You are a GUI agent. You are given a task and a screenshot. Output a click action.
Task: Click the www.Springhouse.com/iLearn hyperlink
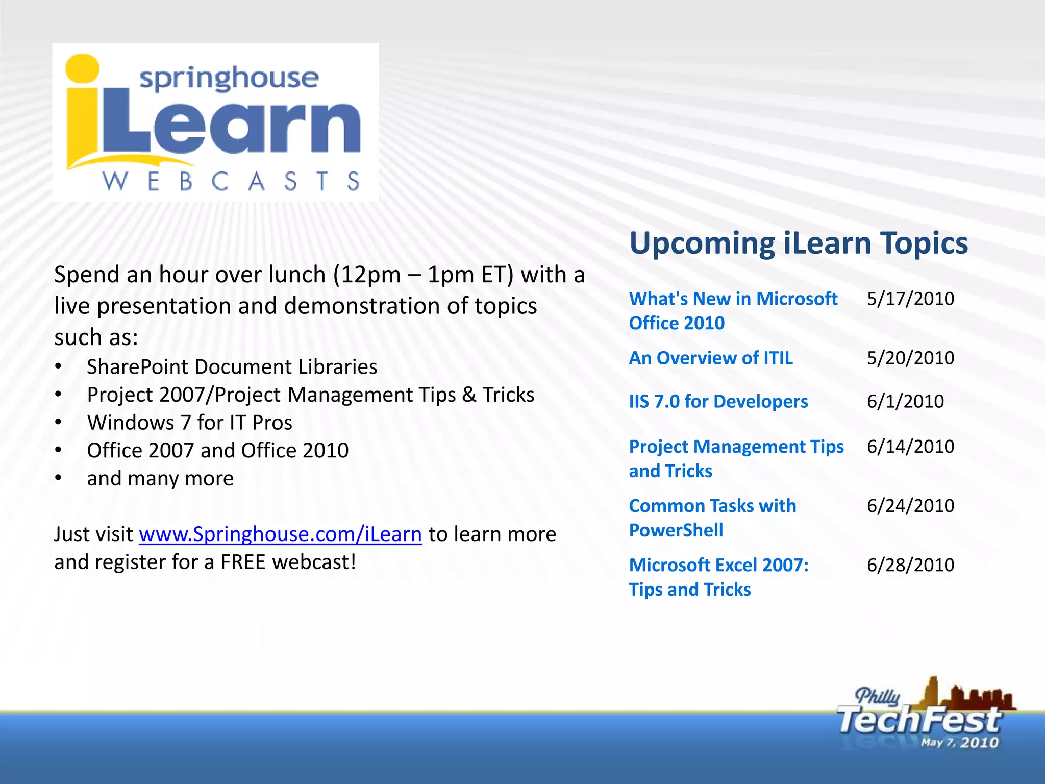[280, 534]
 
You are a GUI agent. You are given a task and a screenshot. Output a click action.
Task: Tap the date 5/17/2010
[910, 299]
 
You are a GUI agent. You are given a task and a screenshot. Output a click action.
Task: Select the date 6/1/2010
[905, 401]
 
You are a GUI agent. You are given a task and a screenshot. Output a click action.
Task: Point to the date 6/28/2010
[910, 565]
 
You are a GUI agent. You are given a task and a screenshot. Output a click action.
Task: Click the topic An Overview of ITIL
[711, 358]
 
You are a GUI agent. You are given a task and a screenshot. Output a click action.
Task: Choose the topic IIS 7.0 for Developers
[718, 402]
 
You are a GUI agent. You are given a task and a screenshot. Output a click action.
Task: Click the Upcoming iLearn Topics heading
[799, 243]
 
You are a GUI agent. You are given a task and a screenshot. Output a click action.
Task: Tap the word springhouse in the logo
[229, 78]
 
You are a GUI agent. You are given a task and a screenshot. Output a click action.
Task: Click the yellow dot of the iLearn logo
[82, 68]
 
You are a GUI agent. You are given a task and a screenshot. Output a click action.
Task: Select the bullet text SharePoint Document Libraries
[232, 367]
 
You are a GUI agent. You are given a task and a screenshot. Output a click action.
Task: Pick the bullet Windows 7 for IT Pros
[189, 423]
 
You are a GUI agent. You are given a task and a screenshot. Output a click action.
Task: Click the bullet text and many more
[160, 479]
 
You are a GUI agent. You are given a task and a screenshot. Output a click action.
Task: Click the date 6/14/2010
[910, 447]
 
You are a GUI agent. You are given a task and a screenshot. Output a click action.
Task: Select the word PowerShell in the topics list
[676, 530]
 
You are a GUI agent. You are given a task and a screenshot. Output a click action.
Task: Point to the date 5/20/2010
[910, 358]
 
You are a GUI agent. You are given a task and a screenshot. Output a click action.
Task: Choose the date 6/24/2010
[910, 506]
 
